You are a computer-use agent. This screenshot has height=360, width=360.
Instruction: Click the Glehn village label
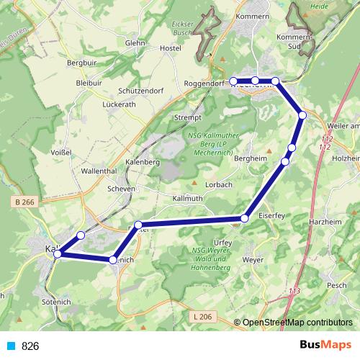pos(135,42)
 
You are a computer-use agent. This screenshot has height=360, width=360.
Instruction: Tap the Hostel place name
pos(170,48)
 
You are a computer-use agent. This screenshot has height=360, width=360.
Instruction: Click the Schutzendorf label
pos(142,91)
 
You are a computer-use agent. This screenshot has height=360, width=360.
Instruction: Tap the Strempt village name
pos(186,117)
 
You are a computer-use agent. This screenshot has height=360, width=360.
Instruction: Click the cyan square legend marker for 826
pos(10,346)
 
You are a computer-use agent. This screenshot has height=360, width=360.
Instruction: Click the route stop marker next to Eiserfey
pos(246,217)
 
